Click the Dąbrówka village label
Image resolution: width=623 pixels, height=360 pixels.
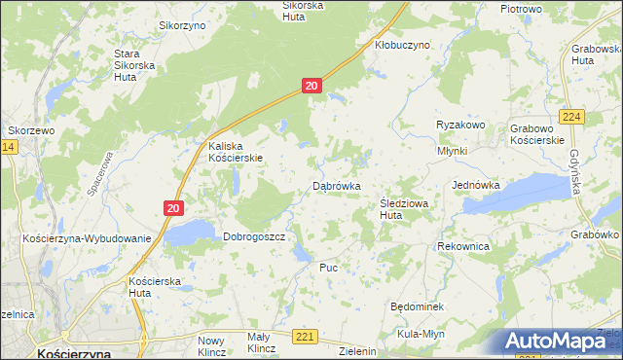click(x=337, y=185)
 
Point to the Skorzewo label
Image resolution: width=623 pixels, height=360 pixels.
click(x=32, y=129)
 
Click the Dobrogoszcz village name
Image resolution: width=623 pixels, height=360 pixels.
click(x=253, y=236)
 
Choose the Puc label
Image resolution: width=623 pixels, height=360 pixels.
click(x=328, y=267)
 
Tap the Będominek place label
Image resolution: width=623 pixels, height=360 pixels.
click(x=417, y=306)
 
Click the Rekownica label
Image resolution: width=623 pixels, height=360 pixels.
click(x=463, y=247)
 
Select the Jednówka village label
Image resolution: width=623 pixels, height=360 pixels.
click(x=476, y=185)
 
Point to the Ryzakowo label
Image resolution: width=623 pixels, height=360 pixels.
click(x=460, y=126)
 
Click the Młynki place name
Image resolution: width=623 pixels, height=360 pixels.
click(x=453, y=151)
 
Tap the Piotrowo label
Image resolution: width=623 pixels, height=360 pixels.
click(x=521, y=8)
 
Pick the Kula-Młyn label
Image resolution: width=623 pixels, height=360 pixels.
click(x=421, y=334)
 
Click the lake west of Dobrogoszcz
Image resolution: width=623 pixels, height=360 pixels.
click(x=188, y=233)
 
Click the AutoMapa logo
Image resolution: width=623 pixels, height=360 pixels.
click(x=560, y=341)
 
